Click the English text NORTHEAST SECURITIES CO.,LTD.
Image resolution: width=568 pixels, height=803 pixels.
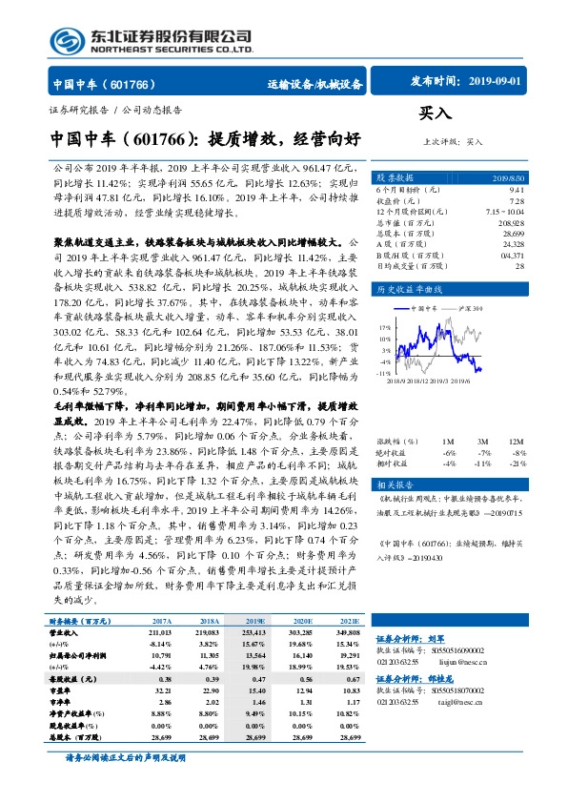171,50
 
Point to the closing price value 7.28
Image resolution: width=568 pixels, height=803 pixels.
516,201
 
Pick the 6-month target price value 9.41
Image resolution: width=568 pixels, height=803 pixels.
516,191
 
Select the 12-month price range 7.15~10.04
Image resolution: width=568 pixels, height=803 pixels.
505,212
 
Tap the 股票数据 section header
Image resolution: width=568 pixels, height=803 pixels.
396,178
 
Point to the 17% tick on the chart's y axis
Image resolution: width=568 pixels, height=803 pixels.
385,327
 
